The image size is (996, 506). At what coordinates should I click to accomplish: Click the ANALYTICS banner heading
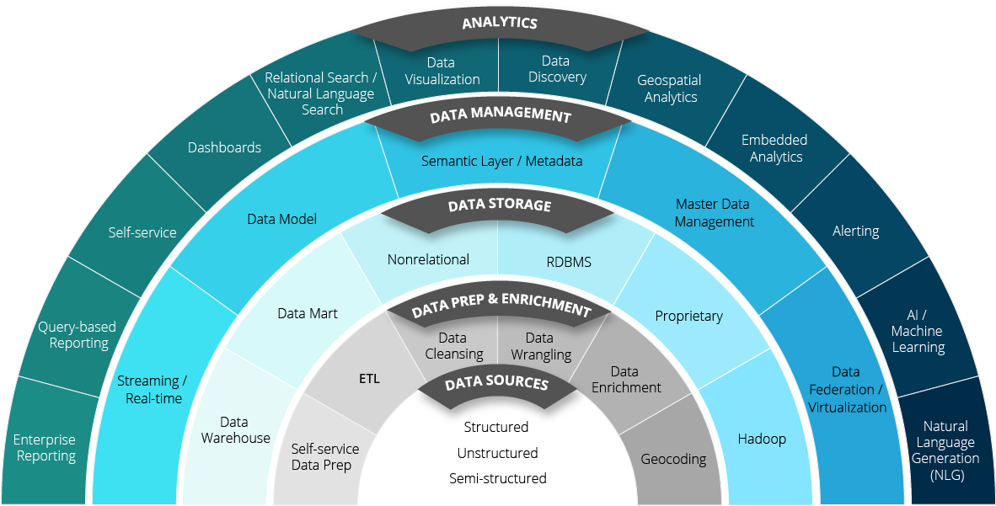[499, 24]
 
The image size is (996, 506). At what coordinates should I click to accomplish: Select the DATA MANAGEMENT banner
[500, 116]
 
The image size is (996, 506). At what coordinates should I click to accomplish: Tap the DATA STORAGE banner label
[499, 206]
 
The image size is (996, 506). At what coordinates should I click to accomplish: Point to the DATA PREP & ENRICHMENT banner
[501, 309]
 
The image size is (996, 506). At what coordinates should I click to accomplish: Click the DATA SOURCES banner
[496, 385]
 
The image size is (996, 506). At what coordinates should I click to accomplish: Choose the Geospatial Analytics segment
[669, 89]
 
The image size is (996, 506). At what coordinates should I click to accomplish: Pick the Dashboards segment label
[224, 148]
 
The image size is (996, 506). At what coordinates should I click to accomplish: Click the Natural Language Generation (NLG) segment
[945, 450]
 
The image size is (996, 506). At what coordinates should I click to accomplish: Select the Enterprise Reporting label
[45, 448]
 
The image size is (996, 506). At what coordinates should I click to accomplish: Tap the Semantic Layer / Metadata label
[501, 161]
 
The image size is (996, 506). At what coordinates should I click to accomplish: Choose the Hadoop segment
[762, 439]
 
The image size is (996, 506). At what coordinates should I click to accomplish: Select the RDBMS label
[569, 262]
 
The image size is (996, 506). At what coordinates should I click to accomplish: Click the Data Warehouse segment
[235, 430]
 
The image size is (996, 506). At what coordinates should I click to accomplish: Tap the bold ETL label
[369, 379]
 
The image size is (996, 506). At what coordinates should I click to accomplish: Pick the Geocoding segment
[673, 460]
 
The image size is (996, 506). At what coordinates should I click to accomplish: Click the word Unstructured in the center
[497, 454]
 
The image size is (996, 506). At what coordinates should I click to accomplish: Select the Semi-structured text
[497, 479]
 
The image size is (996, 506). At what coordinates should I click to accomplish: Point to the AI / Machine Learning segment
[918, 331]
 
